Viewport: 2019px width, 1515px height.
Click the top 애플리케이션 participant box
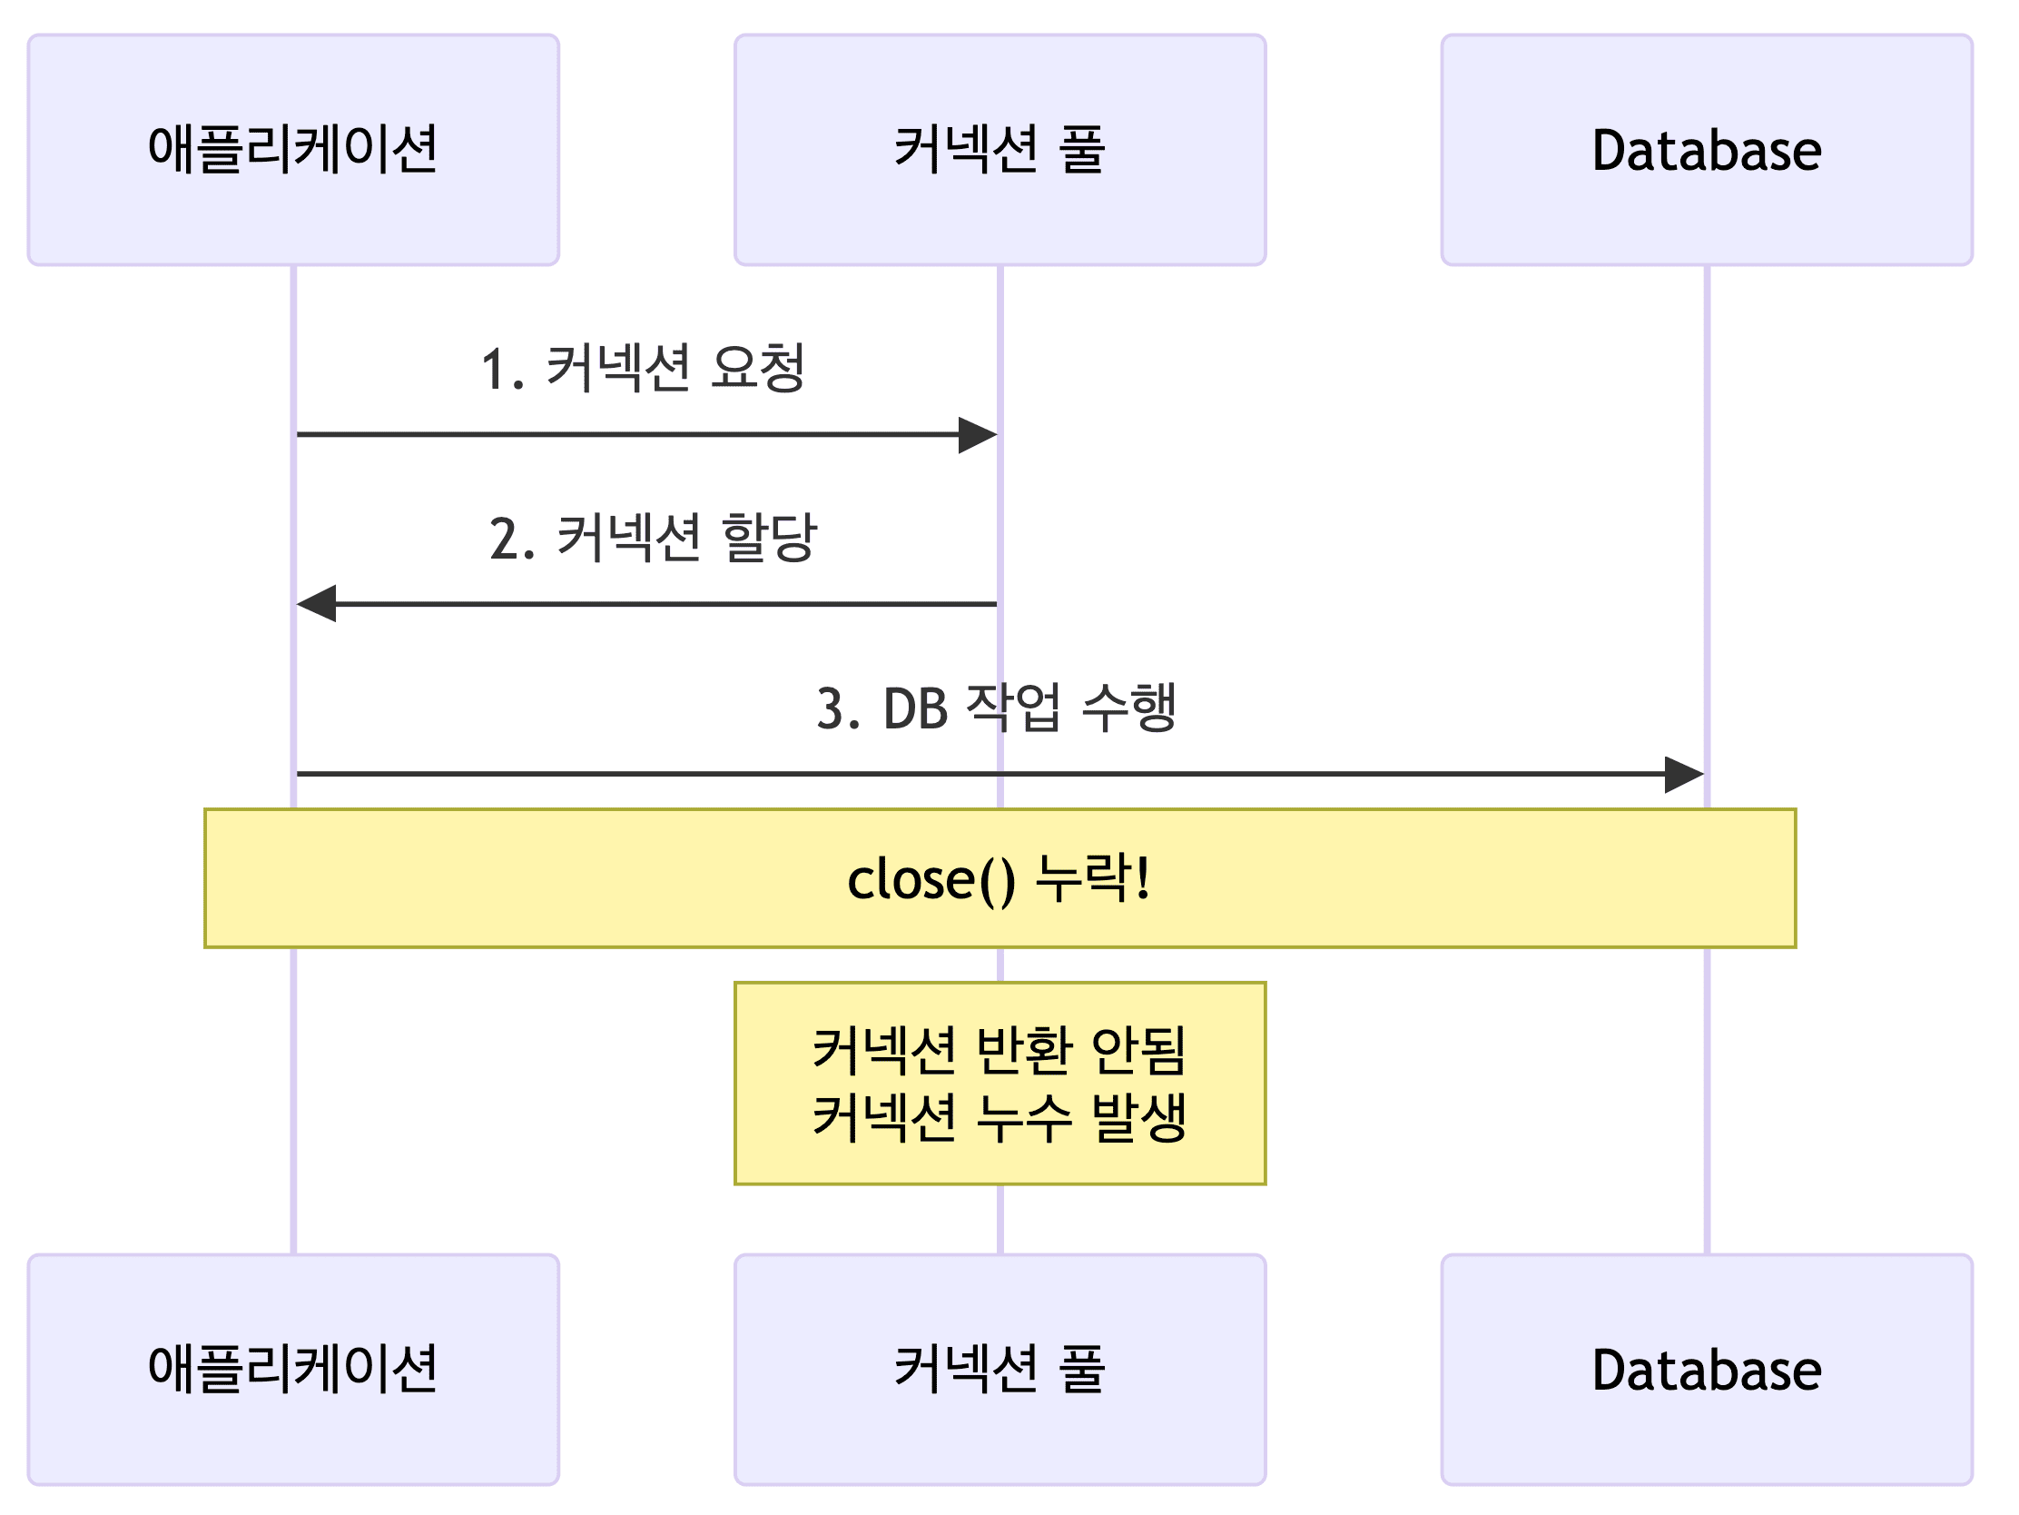[293, 150]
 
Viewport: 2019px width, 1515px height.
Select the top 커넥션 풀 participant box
[1000, 150]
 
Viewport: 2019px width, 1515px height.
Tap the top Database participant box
[1706, 150]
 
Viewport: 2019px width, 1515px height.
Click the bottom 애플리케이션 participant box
[293, 1369]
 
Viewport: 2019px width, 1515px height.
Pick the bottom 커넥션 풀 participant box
[1000, 1369]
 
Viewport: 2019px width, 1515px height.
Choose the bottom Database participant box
[1706, 1369]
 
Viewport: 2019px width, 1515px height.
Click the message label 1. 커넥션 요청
[644, 369]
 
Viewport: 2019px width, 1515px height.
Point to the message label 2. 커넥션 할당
[653, 538]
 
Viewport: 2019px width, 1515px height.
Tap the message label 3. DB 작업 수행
[996, 708]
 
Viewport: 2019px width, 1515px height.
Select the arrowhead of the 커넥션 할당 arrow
[316, 604]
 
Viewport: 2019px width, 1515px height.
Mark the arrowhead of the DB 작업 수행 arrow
[1684, 775]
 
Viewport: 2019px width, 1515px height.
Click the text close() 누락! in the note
[999, 879]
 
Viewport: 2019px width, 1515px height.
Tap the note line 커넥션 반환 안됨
[1000, 1049]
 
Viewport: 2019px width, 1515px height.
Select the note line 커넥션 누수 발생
[1000, 1117]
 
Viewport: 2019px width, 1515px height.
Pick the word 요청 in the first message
[758, 368]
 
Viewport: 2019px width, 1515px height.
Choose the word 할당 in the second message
[769, 537]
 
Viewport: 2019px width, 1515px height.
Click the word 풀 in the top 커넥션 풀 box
[1082, 150]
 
